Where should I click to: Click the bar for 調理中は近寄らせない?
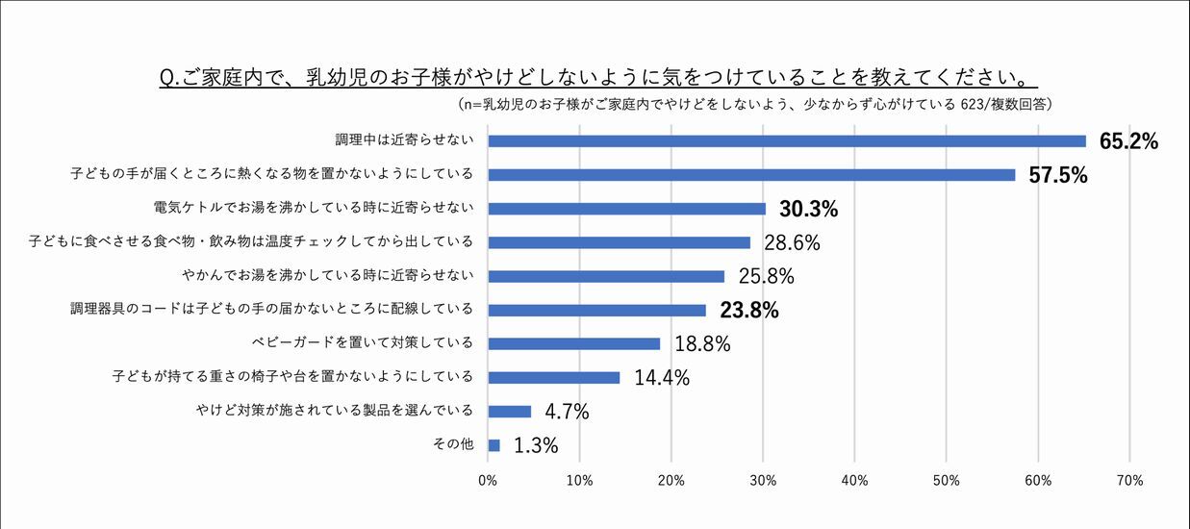pos(787,141)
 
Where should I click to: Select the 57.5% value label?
pos(1058,175)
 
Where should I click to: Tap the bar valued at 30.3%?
pos(626,209)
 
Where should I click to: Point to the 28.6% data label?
pos(792,242)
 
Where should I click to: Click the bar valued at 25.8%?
pos(606,276)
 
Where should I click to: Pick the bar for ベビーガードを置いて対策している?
pos(574,343)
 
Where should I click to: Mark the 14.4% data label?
pos(662,377)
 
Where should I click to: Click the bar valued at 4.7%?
pos(510,412)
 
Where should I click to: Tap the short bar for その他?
pos(494,445)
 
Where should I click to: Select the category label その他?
pos(455,445)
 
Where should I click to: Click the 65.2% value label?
pos(1128,141)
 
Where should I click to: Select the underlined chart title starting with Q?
pos(597,76)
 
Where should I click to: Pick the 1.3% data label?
pos(536,445)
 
